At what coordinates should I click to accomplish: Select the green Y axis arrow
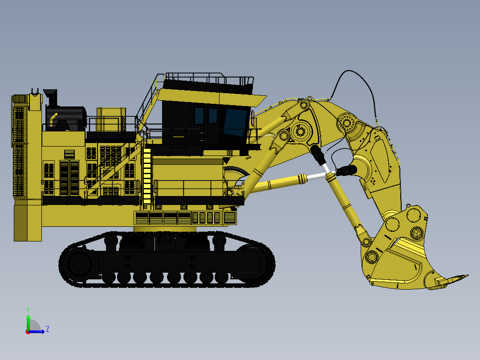28,322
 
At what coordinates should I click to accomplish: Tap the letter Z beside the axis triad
48,329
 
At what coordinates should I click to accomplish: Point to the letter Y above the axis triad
28,309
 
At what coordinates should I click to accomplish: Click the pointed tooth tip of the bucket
465,276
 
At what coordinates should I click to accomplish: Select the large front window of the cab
235,122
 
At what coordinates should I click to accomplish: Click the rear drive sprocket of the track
80,264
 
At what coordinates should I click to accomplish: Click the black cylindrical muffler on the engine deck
67,117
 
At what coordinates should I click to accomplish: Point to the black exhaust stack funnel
51,96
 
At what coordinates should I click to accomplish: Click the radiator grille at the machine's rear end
19,147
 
